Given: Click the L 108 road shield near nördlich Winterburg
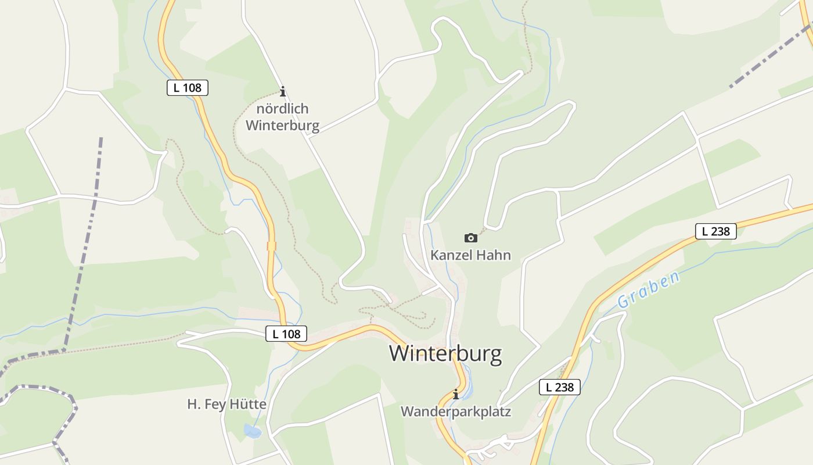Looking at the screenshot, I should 187,88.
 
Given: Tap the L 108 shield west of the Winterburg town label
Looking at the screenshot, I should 286,334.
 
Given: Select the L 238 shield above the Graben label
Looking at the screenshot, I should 715,231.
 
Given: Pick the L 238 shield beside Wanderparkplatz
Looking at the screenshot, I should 559,387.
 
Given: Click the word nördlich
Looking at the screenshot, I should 283,109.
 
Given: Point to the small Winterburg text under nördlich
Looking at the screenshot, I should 283,126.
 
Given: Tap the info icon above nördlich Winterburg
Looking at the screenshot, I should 283,91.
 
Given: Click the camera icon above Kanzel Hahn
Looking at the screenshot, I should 470,238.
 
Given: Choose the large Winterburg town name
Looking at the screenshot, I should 445,353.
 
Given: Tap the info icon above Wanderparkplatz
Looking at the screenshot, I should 456,394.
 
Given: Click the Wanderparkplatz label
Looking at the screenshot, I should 456,412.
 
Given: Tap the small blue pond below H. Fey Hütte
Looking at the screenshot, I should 253,431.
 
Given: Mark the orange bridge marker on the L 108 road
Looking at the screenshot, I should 271,246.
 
